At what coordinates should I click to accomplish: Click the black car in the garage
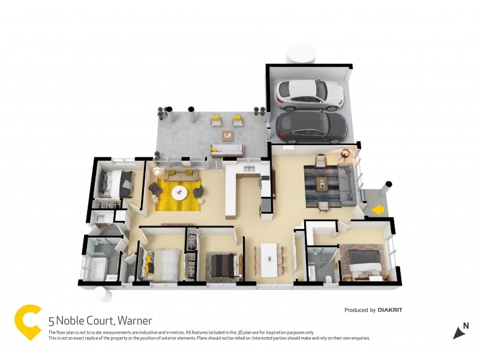311,126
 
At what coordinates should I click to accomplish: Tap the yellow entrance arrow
377,209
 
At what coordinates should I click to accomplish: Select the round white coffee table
179,193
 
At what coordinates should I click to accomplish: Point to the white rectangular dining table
269,259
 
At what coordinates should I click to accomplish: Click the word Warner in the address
134,321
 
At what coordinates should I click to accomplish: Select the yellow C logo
28,322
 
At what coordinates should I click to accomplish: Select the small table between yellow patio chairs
227,135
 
